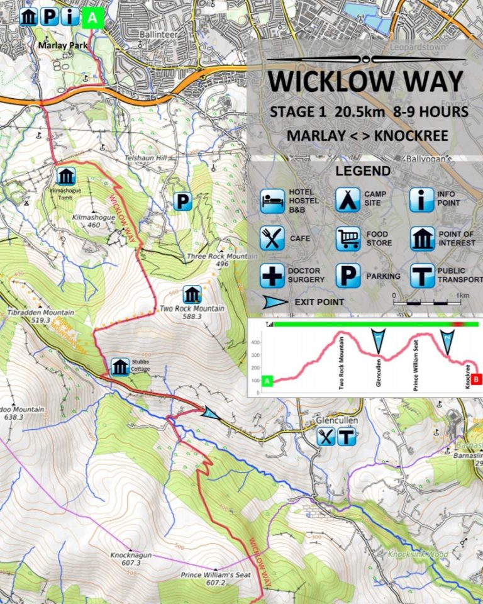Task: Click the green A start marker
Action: [x=92, y=18]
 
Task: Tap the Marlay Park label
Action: [x=61, y=45]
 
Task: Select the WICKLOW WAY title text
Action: [x=365, y=81]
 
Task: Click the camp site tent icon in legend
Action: [x=347, y=199]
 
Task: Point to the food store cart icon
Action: [x=347, y=238]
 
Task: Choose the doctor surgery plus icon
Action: [x=272, y=276]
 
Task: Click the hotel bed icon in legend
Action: [x=272, y=199]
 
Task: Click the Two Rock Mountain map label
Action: [x=192, y=309]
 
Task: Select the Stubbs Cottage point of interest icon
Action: [x=120, y=367]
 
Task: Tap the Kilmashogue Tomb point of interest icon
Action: [x=66, y=176]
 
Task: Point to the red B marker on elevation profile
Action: [x=477, y=379]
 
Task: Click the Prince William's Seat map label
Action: [x=211, y=575]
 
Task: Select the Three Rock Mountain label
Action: [x=221, y=257]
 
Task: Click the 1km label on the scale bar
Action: [x=464, y=295]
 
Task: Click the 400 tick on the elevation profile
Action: [x=255, y=343]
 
